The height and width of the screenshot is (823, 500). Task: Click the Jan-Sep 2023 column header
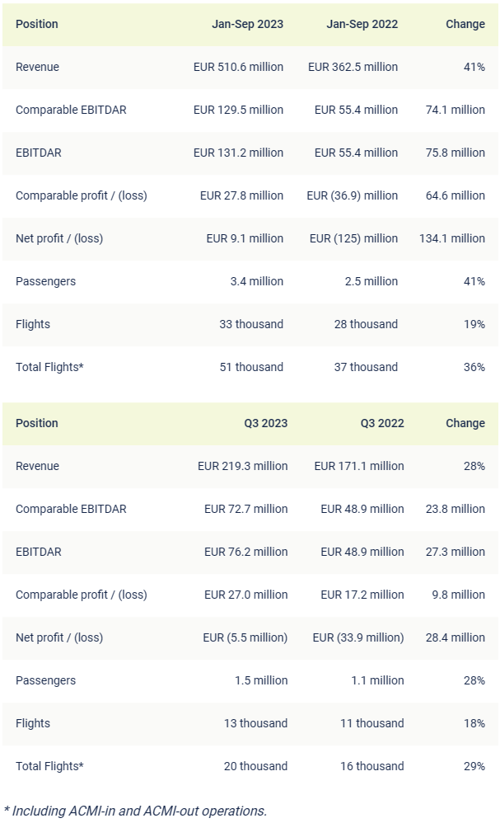[247, 24]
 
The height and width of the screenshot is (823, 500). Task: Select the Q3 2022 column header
[382, 423]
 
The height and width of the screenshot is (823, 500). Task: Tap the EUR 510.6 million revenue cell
[238, 67]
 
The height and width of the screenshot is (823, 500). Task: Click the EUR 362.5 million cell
[353, 67]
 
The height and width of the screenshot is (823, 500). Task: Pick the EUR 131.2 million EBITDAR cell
[238, 153]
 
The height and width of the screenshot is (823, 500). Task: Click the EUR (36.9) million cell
[352, 195]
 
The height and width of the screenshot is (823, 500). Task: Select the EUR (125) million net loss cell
[353, 238]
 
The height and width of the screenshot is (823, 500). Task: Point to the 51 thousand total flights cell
[251, 367]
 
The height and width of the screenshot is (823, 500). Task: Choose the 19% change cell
[474, 324]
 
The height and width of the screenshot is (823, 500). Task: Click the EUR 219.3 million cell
[242, 466]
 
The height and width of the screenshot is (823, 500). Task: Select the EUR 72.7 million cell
[245, 509]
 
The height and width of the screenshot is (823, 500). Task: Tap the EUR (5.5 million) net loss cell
[245, 637]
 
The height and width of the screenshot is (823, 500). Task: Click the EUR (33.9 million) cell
[358, 637]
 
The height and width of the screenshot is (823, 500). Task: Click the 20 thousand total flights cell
[255, 766]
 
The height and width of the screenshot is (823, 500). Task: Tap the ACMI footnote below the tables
[135, 811]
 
